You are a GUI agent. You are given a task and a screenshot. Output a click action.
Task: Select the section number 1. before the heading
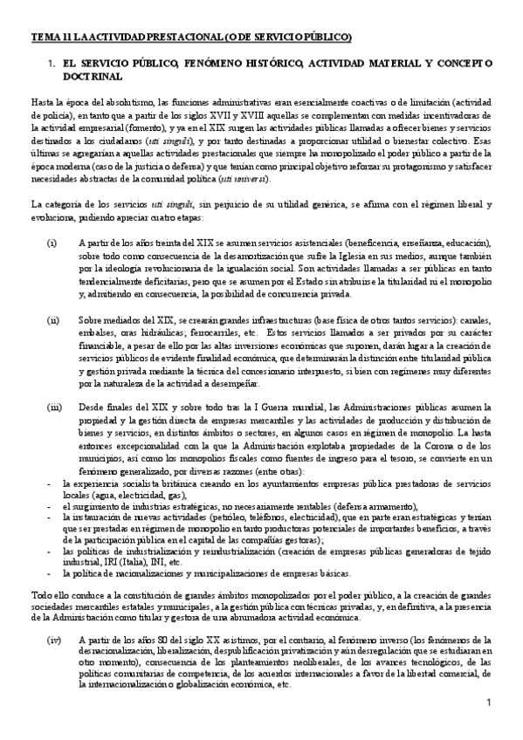52,64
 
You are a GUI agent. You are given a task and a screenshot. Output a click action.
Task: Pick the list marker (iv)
53,639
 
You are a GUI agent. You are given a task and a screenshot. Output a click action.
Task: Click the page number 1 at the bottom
489,704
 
